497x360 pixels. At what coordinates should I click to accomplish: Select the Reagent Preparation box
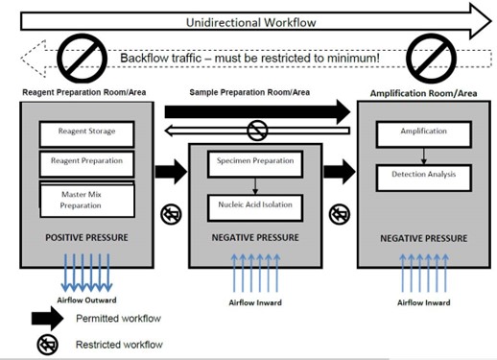(x=85, y=163)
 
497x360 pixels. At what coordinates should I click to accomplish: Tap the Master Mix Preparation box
(x=85, y=197)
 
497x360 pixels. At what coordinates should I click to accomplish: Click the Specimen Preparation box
(x=255, y=163)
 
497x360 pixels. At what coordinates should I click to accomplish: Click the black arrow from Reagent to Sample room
(x=170, y=173)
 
